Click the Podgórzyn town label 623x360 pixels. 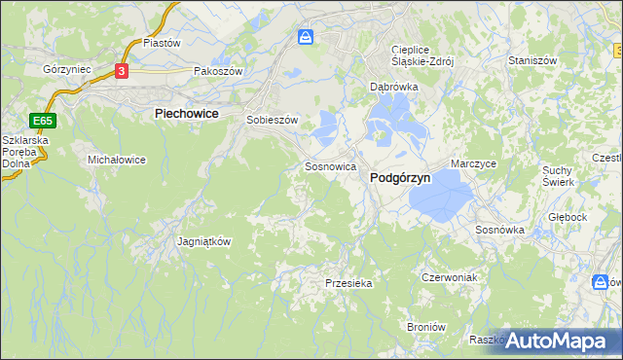pos(401,179)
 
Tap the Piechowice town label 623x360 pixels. pos(186,114)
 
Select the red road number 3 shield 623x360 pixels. pos(121,71)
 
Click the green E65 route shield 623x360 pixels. pos(41,122)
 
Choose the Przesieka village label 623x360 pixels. pos(348,283)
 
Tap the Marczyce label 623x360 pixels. pos(474,164)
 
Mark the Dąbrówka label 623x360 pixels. pos(393,87)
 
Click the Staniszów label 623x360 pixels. pos(531,60)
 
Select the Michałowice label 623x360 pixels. pos(117,159)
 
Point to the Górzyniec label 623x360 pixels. pos(67,70)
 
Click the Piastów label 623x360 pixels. pos(163,43)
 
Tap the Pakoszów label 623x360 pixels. pos(216,71)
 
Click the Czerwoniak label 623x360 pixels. pos(448,277)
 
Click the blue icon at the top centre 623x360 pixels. pos(306,37)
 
